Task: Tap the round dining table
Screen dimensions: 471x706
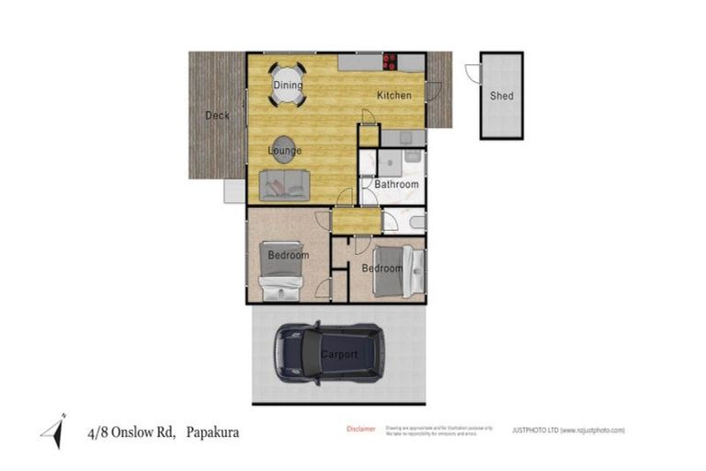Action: [288, 85]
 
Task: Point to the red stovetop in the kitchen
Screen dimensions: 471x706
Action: [390, 63]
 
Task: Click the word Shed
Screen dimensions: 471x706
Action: [501, 96]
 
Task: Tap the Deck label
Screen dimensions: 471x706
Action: [217, 115]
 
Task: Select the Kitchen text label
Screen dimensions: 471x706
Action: [393, 96]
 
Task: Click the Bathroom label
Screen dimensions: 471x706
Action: [396, 184]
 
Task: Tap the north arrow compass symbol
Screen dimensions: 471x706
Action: [52, 431]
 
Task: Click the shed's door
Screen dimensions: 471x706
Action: [473, 75]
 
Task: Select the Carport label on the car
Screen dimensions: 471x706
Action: [338, 354]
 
